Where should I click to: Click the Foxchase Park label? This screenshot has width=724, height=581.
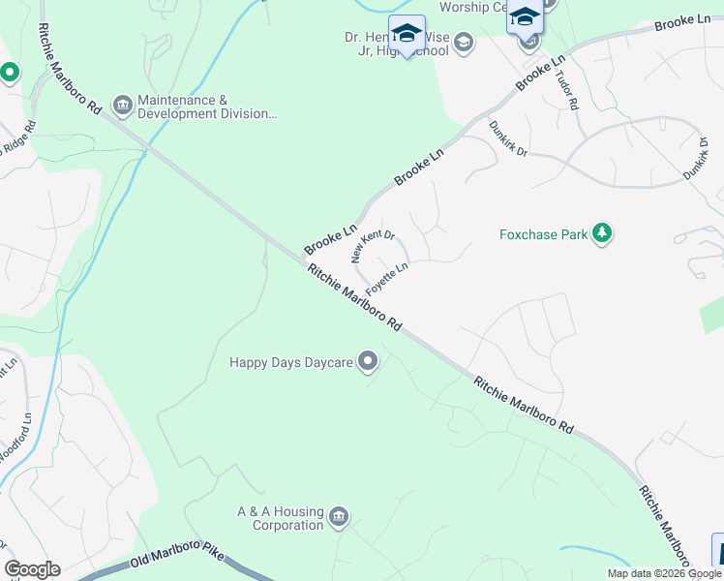pos(544,234)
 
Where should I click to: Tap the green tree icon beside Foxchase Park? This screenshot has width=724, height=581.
pos(603,233)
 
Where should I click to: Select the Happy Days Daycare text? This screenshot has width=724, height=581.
pos(290,363)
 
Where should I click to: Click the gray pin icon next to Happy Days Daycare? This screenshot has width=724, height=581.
pos(368,362)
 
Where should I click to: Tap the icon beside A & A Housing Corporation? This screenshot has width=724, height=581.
pos(339,514)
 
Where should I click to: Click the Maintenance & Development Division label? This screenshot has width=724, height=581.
pos(207,107)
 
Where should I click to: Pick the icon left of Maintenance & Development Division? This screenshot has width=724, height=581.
pos(122,104)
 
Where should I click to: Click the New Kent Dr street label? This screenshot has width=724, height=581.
pos(373,247)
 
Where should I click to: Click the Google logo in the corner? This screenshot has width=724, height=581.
pos(32,569)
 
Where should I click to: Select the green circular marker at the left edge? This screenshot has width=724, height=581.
pos(10,73)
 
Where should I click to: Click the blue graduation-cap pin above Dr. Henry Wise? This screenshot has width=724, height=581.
pos(407,34)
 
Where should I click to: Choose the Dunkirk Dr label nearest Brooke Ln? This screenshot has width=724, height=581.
pos(507,139)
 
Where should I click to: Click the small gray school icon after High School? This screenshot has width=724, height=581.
pos(464,41)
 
